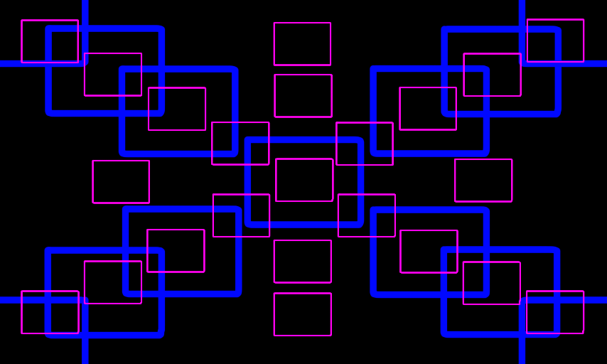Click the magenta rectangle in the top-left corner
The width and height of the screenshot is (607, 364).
coord(50,41)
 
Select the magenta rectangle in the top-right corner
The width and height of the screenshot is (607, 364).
coord(555,41)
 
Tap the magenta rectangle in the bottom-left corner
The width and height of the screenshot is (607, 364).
coord(50,312)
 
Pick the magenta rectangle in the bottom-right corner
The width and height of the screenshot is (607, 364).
coord(555,312)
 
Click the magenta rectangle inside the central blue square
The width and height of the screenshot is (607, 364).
coord(304,180)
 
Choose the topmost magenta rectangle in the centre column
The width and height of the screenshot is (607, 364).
coord(302,44)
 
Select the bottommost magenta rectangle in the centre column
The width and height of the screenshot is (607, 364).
coord(303,314)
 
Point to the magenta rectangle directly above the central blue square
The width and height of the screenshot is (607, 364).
coord(303,96)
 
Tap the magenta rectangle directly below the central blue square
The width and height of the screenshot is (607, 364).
coord(303,262)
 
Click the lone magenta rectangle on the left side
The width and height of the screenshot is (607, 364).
coord(121,182)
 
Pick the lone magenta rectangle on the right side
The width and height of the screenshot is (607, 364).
coord(483,181)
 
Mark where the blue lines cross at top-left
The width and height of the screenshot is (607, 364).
coord(85,63)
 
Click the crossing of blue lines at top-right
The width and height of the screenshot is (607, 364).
coord(522,63)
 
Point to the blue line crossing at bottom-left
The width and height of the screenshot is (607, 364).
coord(85,300)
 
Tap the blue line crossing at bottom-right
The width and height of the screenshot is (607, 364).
coord(522,300)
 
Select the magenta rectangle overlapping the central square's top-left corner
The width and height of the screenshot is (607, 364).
coord(240,144)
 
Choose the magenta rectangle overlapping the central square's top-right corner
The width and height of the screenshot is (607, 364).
coord(365,144)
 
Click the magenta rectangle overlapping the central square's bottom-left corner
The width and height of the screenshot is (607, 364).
coord(241,215)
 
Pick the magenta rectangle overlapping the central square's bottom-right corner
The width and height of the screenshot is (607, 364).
coord(367,215)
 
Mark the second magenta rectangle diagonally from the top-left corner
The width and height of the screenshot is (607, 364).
coord(113,75)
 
